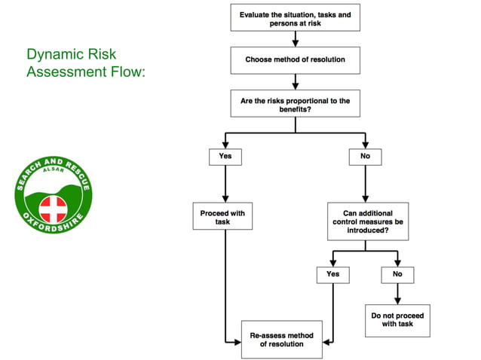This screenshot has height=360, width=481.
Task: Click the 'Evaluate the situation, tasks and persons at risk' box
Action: [295, 19]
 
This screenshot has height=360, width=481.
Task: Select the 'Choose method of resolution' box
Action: [295, 59]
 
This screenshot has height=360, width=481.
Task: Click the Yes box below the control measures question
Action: [332, 275]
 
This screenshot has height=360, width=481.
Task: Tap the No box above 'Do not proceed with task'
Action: [397, 275]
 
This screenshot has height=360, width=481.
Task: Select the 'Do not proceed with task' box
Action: [397, 319]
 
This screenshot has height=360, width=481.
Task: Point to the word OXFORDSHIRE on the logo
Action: [54, 226]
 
